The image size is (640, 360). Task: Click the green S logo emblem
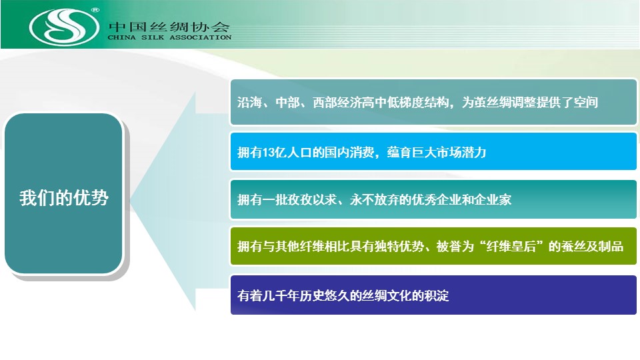(64, 27)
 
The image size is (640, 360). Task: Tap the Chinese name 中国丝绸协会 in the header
(169, 27)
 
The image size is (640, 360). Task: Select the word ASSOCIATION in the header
(201, 37)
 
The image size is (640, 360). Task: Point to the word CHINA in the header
(121, 37)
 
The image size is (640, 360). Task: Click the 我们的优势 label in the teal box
(64, 198)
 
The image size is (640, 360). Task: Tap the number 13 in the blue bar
(268, 153)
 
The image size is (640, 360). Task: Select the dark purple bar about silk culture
(433, 295)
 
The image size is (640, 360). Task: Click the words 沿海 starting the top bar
(249, 102)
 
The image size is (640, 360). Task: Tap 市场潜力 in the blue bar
(461, 153)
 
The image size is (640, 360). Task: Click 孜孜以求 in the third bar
(312, 199)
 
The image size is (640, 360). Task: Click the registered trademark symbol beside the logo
(95, 10)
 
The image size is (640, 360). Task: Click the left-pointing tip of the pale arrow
(130, 200)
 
